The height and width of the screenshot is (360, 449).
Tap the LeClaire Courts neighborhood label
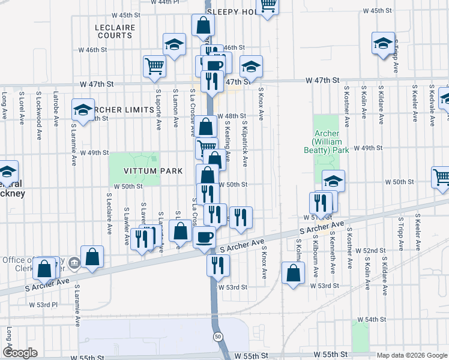click(x=113, y=31)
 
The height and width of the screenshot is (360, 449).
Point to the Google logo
click(x=20, y=353)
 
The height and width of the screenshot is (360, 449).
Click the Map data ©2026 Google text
click(x=411, y=355)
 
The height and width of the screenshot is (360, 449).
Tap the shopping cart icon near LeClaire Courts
click(x=154, y=65)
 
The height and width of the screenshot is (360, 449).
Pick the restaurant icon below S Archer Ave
click(x=218, y=264)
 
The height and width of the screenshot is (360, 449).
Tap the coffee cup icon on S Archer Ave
click(x=204, y=237)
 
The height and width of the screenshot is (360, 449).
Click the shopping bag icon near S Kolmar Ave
click(x=292, y=273)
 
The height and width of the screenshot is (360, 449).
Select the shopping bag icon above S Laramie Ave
click(x=92, y=256)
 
